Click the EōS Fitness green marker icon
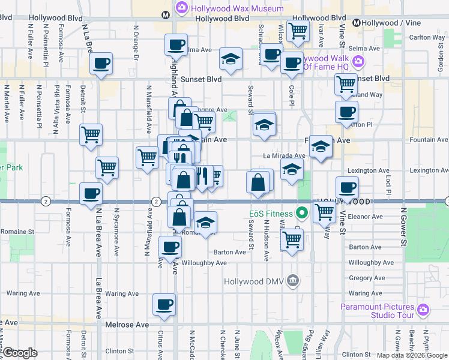click(x=302, y=213)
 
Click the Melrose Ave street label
click(x=128, y=324)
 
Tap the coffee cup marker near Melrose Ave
click(x=164, y=304)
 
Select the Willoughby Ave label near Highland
click(x=204, y=263)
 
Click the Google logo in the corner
click(x=20, y=352)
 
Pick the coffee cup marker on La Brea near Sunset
click(x=101, y=63)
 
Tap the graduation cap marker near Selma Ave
click(x=230, y=58)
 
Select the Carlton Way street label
click(x=427, y=37)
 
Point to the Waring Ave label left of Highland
click(x=122, y=293)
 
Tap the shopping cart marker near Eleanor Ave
click(x=324, y=211)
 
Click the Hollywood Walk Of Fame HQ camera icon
click(x=359, y=62)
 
